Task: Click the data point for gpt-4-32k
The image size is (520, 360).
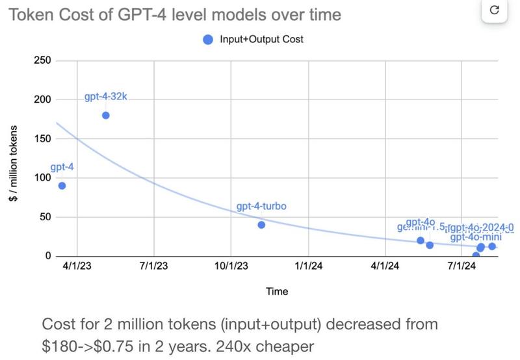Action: [x=106, y=115]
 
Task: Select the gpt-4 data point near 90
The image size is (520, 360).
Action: [x=62, y=185]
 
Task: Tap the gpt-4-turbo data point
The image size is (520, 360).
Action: [x=261, y=225]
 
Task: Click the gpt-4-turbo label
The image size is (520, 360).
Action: [x=261, y=207]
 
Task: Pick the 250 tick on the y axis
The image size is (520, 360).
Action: [x=42, y=60]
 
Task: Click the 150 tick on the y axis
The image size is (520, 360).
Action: [x=42, y=138]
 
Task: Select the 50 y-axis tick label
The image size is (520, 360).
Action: [x=45, y=216]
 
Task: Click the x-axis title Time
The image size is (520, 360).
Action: [x=277, y=292]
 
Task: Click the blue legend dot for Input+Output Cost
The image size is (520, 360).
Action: [x=208, y=39]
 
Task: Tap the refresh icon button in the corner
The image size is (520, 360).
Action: [x=493, y=10]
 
